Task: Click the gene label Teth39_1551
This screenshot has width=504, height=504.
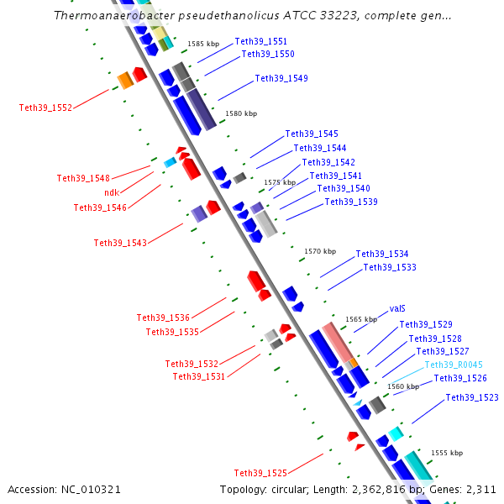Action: tap(260, 41)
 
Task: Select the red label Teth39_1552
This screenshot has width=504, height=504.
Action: tap(45, 108)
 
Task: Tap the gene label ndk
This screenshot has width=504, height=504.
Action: tap(112, 192)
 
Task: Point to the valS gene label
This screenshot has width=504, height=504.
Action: tap(398, 309)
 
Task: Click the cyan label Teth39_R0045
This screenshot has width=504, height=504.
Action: tap(454, 365)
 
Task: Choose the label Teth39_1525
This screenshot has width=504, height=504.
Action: tap(260, 473)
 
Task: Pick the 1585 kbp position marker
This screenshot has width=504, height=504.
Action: tap(203, 43)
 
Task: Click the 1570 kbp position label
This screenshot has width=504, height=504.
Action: tap(320, 251)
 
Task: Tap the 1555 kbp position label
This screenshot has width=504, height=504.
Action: tap(447, 453)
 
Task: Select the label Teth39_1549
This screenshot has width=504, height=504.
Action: tap(281, 79)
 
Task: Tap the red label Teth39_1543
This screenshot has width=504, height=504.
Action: tap(120, 243)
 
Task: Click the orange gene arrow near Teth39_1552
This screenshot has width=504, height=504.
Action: tap(125, 80)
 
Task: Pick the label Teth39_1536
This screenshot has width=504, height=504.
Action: tap(163, 318)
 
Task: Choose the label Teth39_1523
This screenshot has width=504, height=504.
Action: tap(472, 398)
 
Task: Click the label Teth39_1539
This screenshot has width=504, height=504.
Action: tap(351, 202)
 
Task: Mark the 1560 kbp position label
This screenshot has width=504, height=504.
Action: tap(402, 386)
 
